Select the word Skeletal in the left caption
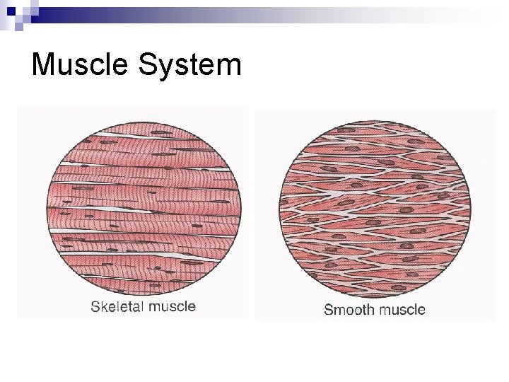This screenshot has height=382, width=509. [x=117, y=307]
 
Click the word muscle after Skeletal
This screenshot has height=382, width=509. [x=172, y=307]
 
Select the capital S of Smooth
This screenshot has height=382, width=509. [x=329, y=309]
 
